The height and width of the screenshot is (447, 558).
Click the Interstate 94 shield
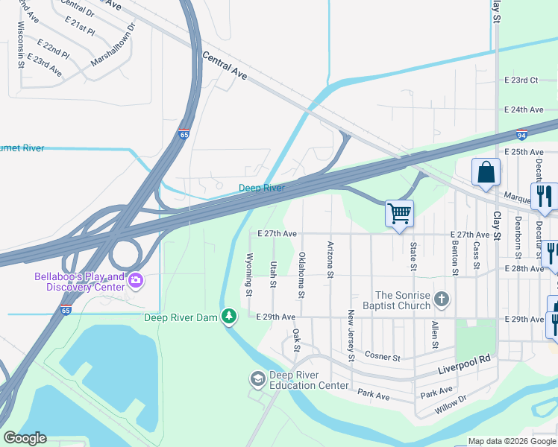[521, 136]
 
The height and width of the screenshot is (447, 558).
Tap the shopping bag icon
[486, 172]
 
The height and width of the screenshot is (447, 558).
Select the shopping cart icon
[400, 213]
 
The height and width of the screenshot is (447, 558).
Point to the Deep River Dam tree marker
[229, 317]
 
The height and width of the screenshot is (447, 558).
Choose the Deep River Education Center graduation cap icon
[258, 379]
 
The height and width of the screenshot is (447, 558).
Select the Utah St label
[274, 274]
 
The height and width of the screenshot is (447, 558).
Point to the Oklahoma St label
[301, 274]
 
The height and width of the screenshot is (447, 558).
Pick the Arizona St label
[330, 259]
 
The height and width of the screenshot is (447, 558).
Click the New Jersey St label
[351, 337]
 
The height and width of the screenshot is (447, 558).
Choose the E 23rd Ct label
[521, 80]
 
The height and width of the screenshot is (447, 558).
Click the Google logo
[25, 438]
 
